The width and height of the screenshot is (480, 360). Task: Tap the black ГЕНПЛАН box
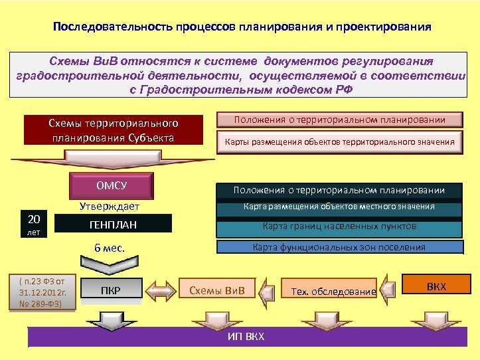tap(114, 225)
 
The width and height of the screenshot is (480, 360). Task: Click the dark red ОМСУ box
tap(112, 185)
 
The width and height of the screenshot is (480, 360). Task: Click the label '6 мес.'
tap(110, 248)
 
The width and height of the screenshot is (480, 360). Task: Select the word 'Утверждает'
tap(110, 207)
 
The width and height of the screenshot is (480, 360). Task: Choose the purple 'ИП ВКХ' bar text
tap(246, 336)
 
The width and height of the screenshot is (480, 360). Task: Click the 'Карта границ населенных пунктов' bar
tap(339, 226)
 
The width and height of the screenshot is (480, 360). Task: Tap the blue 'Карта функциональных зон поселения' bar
tap(339, 248)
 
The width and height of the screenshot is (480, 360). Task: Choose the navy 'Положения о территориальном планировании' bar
tap(339, 191)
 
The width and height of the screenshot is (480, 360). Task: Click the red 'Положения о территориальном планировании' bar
tap(339, 120)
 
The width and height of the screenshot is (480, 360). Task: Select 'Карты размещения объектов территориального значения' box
tap(339, 141)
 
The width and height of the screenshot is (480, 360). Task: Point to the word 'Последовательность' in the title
tap(113, 29)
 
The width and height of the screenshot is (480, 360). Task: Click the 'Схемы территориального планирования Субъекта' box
tap(113, 131)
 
